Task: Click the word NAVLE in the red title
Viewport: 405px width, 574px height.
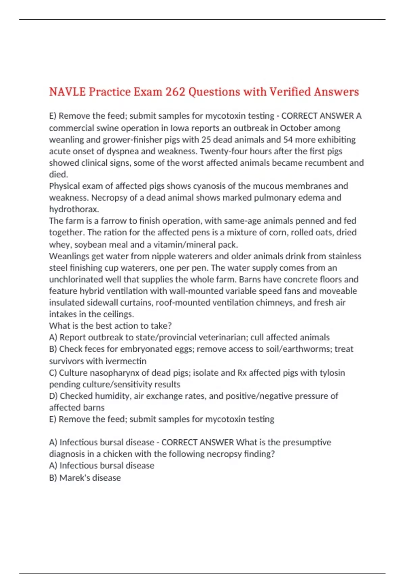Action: click(67, 92)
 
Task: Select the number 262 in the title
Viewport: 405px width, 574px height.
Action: click(175, 92)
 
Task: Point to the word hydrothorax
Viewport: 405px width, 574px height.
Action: click(74, 209)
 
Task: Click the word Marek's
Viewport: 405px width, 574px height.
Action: click(73, 478)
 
